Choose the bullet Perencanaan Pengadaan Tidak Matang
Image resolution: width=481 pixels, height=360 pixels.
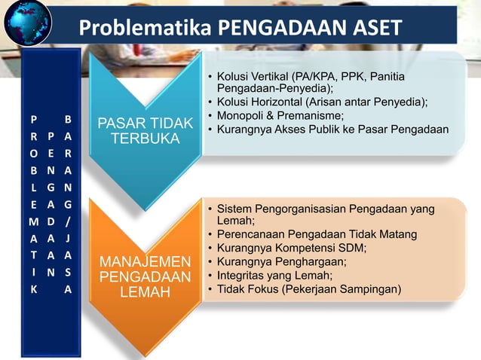[317, 234]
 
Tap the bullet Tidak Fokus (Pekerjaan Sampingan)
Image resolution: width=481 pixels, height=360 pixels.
[309, 288]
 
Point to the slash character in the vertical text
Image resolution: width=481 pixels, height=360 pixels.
[68, 222]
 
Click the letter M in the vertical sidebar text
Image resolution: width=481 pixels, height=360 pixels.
[33, 222]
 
